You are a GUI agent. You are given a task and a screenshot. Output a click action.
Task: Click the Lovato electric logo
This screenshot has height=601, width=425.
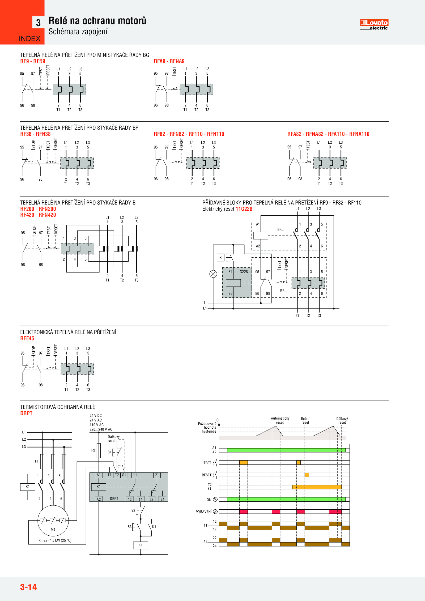pyautogui.click(x=374, y=24)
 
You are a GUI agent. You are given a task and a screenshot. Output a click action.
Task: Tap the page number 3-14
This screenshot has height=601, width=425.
pyautogui.click(x=28, y=587)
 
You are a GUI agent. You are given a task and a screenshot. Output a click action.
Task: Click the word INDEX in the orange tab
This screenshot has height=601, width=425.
pyautogui.click(x=29, y=39)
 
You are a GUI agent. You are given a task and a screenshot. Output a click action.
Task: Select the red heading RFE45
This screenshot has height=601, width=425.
pyautogui.click(x=27, y=338)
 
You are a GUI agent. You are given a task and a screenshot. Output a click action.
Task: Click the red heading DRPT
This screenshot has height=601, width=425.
pyautogui.click(x=26, y=413)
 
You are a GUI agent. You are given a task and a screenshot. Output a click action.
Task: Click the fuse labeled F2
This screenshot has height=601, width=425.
pyautogui.click(x=99, y=450)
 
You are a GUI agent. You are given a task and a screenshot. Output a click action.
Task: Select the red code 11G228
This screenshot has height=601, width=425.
pyautogui.click(x=244, y=209)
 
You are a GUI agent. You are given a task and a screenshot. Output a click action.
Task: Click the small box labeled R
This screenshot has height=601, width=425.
pyautogui.click(x=220, y=257)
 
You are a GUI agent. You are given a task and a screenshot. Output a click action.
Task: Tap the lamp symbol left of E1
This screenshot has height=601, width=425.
pyautogui.click(x=213, y=274)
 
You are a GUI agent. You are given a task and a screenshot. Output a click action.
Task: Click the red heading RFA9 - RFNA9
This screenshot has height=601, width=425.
pyautogui.click(x=169, y=61)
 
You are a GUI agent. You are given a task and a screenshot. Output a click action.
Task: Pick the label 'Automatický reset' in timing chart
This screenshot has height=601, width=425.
pyautogui.click(x=280, y=420)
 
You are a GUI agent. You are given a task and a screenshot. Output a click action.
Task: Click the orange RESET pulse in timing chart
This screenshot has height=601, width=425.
pyautogui.click(x=307, y=475)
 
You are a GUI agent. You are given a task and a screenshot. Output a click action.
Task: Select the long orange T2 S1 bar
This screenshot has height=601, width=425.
pyautogui.click(x=317, y=487)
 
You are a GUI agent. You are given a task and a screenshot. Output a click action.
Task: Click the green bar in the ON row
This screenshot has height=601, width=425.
pyautogui.click(x=286, y=499)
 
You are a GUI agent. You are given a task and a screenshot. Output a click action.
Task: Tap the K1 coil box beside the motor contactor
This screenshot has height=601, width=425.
pyautogui.click(x=28, y=487)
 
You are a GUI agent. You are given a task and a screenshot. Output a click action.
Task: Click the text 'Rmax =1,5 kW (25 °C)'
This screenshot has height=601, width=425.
pyautogui.click(x=55, y=540)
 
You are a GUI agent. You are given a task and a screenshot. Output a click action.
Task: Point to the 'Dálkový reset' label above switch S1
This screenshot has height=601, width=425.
pyautogui.click(x=113, y=438)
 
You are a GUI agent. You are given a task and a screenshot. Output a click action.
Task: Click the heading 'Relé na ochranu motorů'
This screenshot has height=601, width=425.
pyautogui.click(x=97, y=21)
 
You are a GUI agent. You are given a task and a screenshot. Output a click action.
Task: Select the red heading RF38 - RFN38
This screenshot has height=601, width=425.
pyautogui.click(x=35, y=134)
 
